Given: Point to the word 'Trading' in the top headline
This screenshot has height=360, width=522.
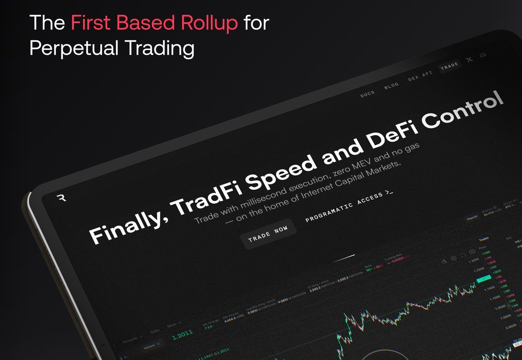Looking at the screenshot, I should tap(166, 49).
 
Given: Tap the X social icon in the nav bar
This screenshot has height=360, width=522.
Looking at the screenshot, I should tap(469, 60).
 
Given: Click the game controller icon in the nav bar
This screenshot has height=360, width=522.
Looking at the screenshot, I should tap(482, 55).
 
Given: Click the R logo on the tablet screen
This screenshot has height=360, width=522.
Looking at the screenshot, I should tap(61, 198).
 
